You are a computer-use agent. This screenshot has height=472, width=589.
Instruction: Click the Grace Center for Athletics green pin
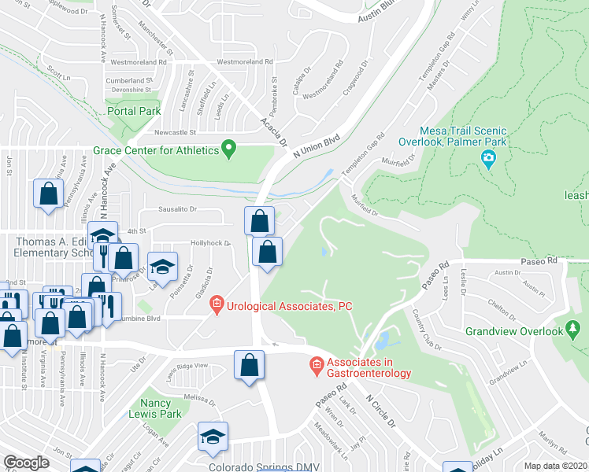(229, 147)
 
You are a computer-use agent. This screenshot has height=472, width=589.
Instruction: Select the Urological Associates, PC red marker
(218, 306)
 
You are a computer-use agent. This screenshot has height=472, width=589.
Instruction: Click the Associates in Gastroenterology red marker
(317, 364)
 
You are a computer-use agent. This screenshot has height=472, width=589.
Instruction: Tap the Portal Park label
(134, 112)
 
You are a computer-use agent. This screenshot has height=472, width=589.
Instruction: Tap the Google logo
(26, 463)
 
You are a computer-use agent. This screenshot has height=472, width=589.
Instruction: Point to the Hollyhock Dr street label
(209, 243)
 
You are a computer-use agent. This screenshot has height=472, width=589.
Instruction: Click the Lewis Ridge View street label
(187, 367)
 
